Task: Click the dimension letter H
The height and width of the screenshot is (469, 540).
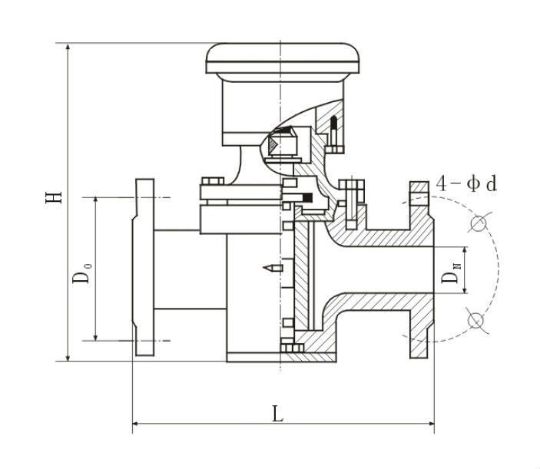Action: point(53,197)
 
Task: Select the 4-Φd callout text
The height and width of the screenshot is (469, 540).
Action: point(466,183)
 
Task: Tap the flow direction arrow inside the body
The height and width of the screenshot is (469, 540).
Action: point(269,268)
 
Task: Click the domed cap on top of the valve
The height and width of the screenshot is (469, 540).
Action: point(283,61)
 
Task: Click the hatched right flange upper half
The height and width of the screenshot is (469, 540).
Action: point(418,215)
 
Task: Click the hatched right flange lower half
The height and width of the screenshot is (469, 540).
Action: point(419,330)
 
